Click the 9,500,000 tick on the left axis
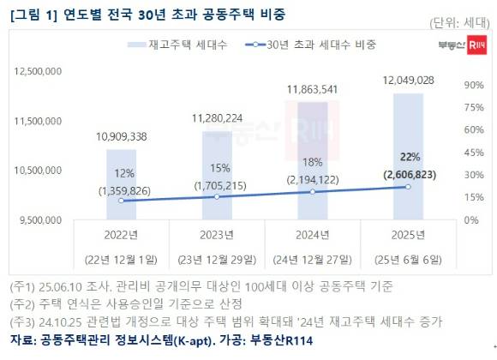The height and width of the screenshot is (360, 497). [41, 220]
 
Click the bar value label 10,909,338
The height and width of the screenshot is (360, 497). [121, 136]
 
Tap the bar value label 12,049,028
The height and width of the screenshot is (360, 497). [408, 80]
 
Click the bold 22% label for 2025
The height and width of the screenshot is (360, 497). [408, 157]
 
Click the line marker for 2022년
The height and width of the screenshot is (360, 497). [121, 201]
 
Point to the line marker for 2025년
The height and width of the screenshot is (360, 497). [408, 186]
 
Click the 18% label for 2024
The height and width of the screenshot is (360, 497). [312, 162]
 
